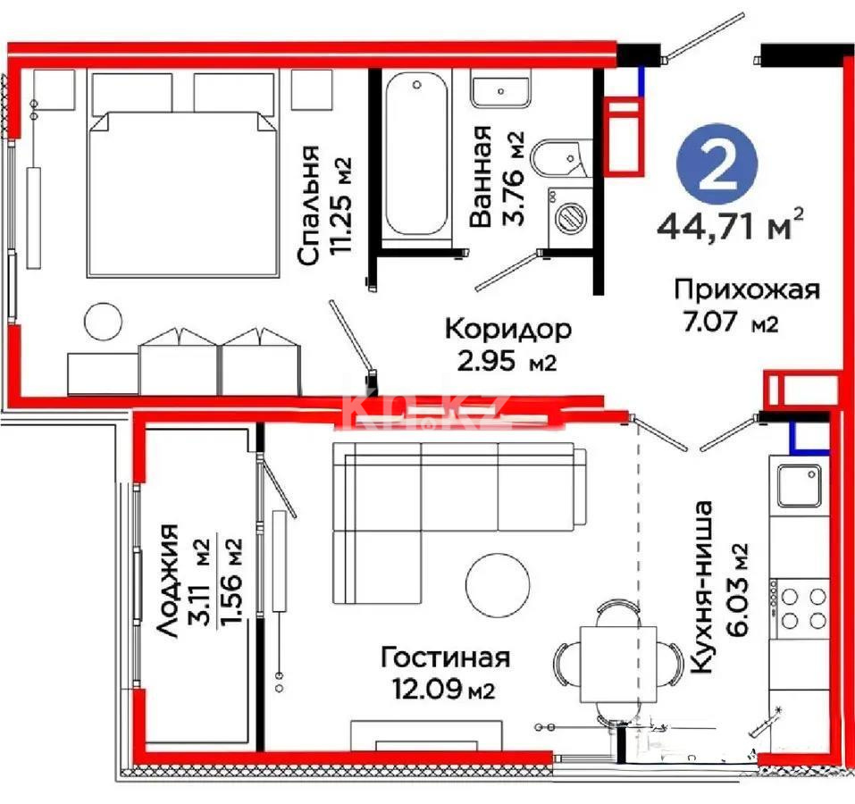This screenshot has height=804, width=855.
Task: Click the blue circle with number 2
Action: (717, 170)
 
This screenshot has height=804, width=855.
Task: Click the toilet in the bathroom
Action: (556, 162)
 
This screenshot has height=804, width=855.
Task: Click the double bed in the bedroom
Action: (180, 192)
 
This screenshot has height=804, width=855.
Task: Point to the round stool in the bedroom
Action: (103, 322)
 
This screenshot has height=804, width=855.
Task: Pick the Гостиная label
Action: (445, 658)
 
